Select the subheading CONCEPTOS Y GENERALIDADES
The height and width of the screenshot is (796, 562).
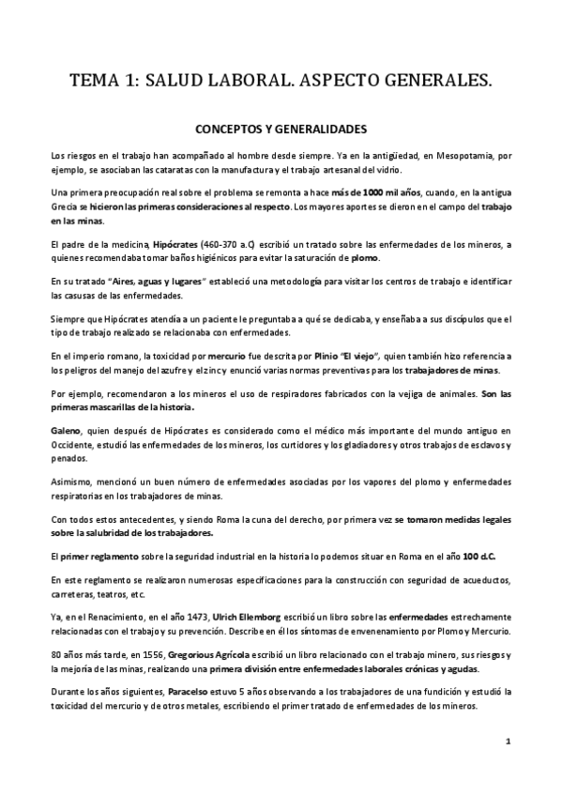[281, 130]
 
